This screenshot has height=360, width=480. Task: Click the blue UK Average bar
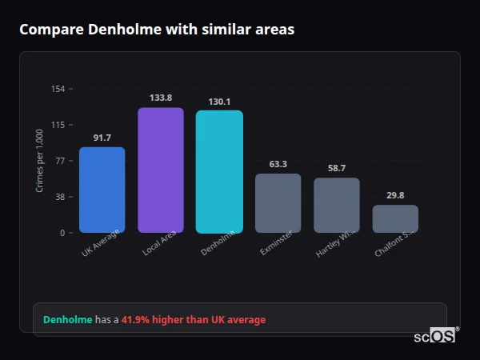tap(102, 190)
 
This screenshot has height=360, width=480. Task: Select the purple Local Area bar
tap(161, 170)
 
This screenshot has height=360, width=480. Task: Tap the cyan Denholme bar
tap(219, 171)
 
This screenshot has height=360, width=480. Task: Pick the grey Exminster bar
tap(278, 203)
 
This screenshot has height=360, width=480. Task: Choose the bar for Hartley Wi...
tap(337, 205)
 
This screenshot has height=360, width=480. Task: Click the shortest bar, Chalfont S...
tap(395, 218)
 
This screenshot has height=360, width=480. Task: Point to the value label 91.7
tap(102, 138)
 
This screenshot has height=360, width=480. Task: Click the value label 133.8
tap(161, 98)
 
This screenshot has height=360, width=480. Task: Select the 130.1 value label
tap(219, 102)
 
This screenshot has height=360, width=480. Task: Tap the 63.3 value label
tap(278, 164)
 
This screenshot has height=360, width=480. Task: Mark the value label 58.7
tap(337, 168)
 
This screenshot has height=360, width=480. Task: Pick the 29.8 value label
tap(395, 195)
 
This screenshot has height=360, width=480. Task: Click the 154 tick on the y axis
tap(58, 89)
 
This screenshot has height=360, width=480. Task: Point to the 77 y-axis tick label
tap(60, 161)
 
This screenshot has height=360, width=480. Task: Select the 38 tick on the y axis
tap(60, 197)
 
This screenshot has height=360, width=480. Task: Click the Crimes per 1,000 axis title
tap(39, 161)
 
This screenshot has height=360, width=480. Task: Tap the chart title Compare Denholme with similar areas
tap(157, 30)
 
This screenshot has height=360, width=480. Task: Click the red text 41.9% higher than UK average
tap(194, 320)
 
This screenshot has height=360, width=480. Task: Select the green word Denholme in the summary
tap(67, 320)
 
